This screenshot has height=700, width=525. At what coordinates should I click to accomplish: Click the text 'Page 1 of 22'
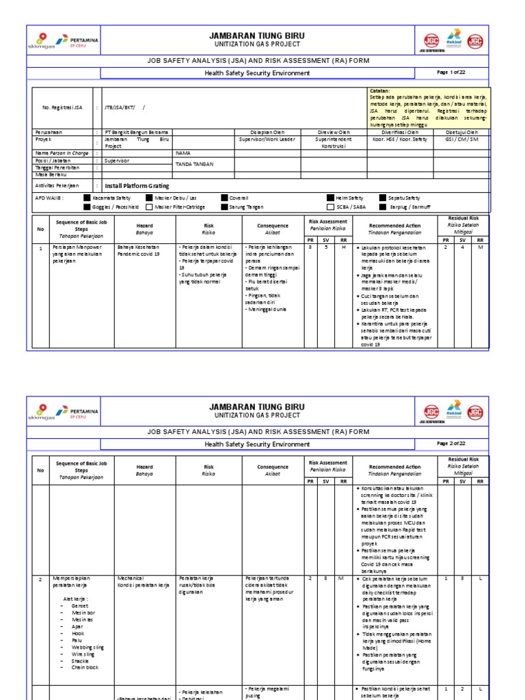[x=451, y=72]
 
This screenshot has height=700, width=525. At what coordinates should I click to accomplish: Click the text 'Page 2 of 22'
[x=451, y=444]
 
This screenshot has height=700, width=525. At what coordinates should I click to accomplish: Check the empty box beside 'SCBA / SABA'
[x=330, y=206]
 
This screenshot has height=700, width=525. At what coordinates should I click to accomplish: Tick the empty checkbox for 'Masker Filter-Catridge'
[x=148, y=206]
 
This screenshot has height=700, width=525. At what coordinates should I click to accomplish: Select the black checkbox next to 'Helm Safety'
[x=330, y=198]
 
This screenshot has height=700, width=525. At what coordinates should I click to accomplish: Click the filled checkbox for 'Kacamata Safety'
[x=87, y=198]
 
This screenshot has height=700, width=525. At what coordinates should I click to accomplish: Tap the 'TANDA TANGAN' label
[x=193, y=165]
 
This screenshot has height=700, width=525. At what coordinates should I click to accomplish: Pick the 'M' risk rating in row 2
[x=340, y=578]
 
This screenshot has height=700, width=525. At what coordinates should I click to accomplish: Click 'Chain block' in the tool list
[x=85, y=667]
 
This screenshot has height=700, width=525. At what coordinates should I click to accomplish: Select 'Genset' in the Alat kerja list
[x=79, y=606]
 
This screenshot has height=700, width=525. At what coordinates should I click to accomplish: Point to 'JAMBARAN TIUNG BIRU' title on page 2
[x=257, y=407]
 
